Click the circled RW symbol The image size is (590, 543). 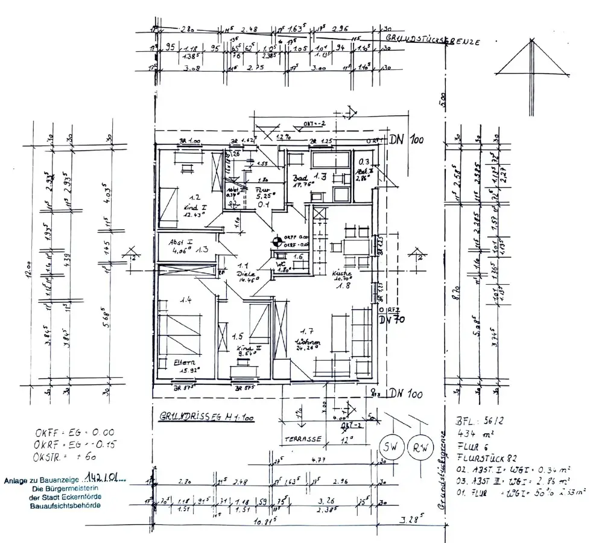pyautogui.click(x=420, y=448)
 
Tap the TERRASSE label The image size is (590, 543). pyautogui.click(x=303, y=439)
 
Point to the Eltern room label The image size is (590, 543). pyautogui.click(x=171, y=362)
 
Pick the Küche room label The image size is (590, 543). pyautogui.click(x=341, y=273)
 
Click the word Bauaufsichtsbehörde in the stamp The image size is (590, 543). pyautogui.click(x=65, y=505)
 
